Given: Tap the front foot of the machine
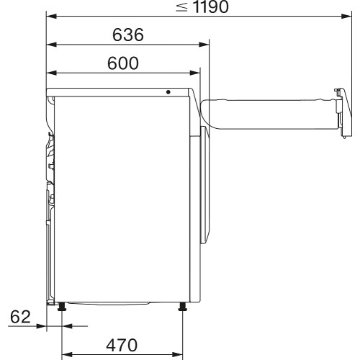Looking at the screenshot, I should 183,307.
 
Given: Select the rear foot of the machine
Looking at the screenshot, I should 62,307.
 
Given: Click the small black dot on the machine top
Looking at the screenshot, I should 168,92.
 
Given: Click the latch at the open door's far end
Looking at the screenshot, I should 341,112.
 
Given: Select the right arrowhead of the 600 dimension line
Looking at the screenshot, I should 196,73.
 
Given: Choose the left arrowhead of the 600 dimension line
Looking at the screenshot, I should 50,73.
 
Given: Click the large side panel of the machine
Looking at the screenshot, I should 119,194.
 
